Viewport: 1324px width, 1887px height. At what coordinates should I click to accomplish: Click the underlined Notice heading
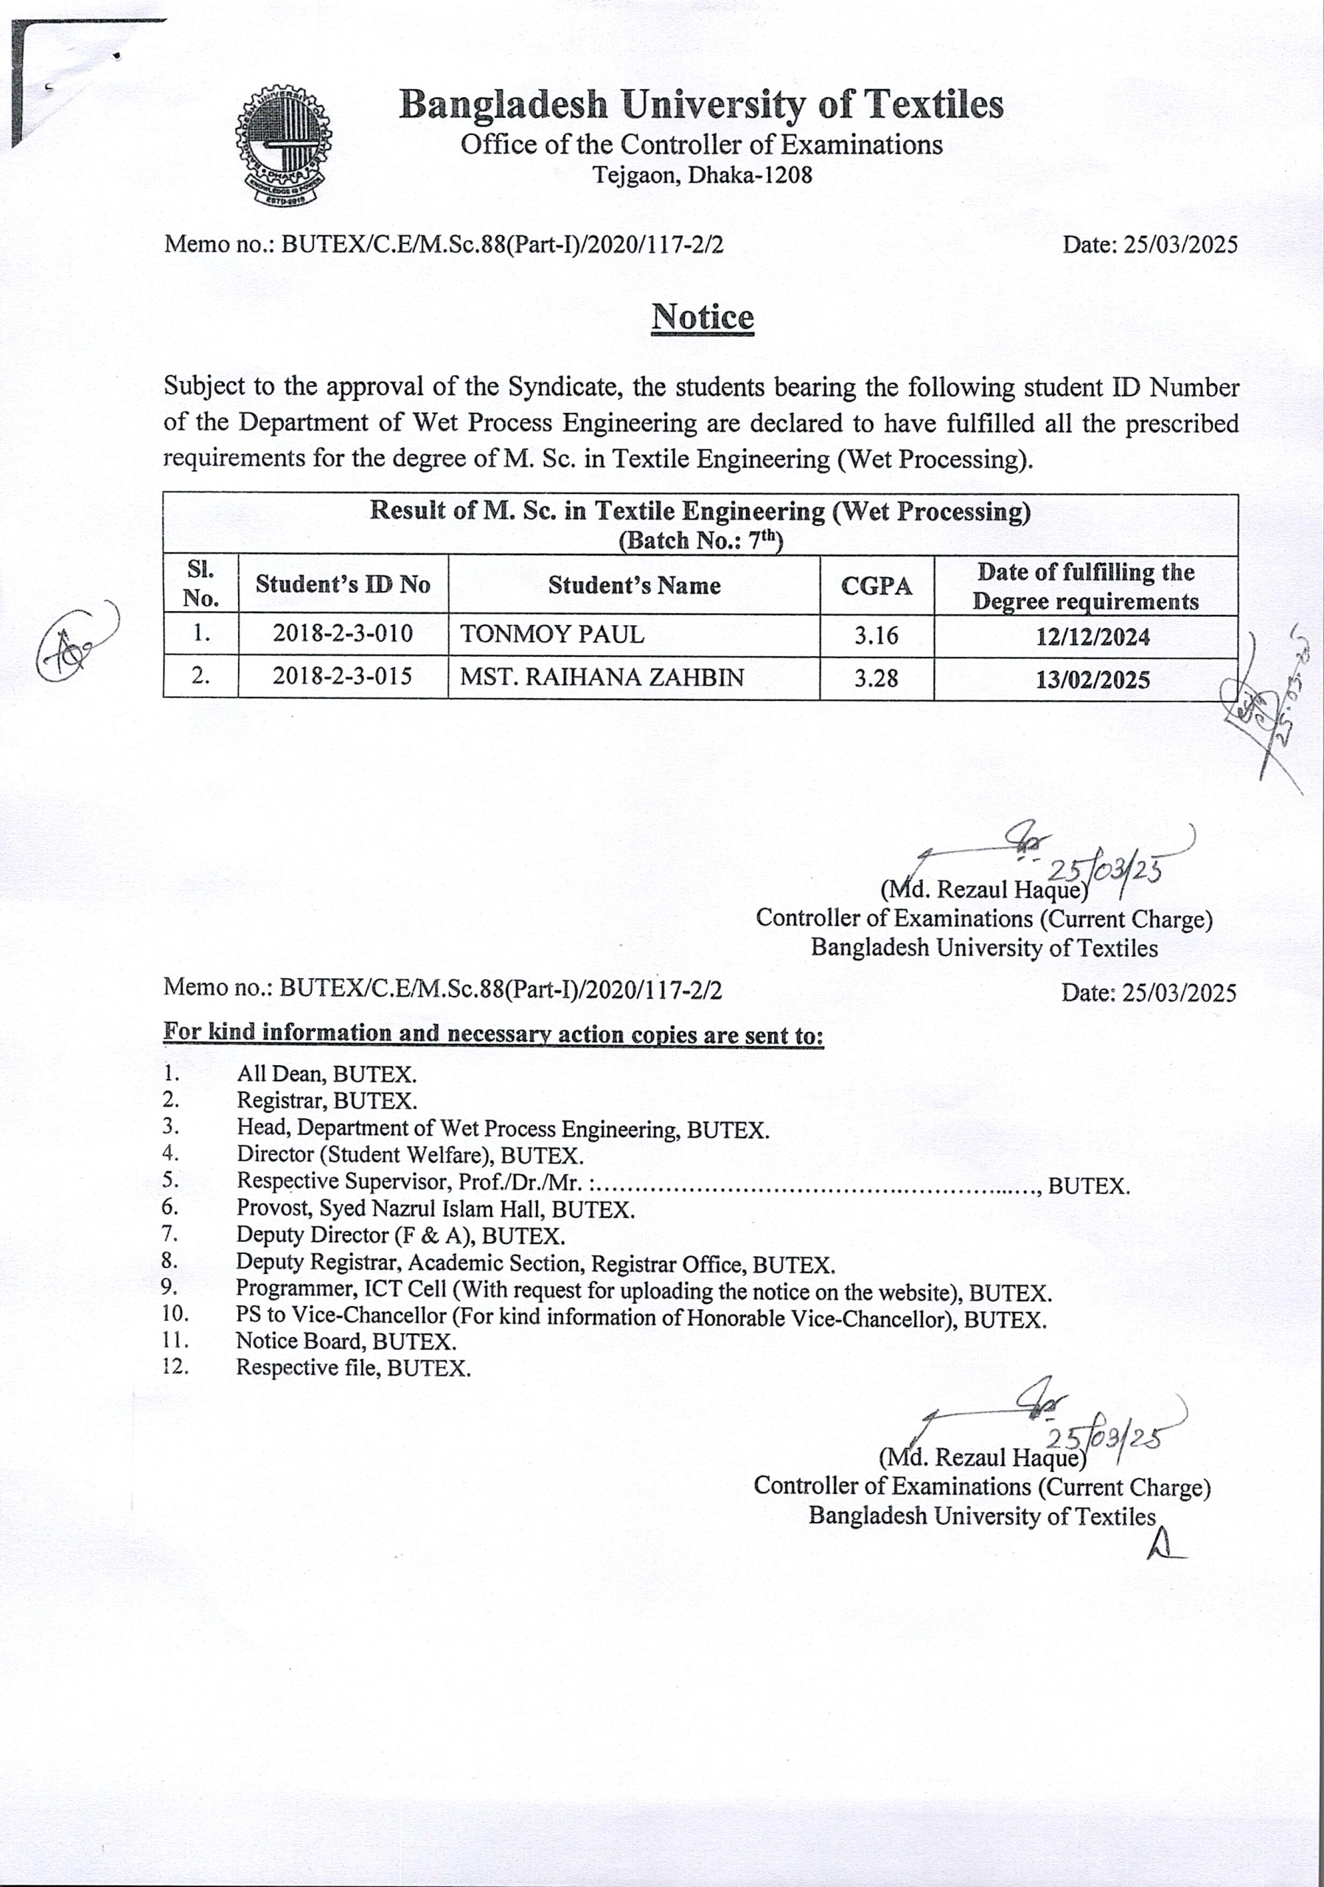coord(702,317)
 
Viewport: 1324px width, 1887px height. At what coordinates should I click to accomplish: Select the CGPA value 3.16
coord(876,635)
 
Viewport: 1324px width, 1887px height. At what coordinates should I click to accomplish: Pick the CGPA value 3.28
coord(876,678)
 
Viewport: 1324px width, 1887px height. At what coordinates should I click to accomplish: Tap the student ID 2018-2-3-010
coord(343,634)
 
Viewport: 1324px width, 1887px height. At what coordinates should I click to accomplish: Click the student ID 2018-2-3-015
coord(343,677)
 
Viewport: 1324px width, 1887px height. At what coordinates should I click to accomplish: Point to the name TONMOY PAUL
coord(552,635)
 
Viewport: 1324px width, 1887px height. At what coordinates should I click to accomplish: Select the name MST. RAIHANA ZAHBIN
coord(602,677)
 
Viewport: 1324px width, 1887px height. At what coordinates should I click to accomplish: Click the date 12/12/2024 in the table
coord(1093,637)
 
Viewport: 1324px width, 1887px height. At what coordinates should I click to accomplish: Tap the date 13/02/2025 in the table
coord(1093,680)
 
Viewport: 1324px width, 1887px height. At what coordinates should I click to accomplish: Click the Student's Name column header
coord(634,585)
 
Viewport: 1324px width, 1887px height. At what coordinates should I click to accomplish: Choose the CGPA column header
coord(876,586)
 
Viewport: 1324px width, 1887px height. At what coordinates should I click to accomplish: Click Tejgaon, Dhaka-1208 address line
coord(702,175)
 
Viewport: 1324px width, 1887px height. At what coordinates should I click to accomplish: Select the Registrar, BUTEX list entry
coord(327,1101)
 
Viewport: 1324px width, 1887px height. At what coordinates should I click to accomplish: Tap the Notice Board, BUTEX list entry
coord(345,1342)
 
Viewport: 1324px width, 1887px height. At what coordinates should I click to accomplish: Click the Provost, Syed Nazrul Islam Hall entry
coord(435,1209)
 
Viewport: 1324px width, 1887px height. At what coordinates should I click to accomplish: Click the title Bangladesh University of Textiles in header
coord(701,105)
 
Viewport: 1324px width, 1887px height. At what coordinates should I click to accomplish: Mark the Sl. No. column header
coord(201,585)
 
